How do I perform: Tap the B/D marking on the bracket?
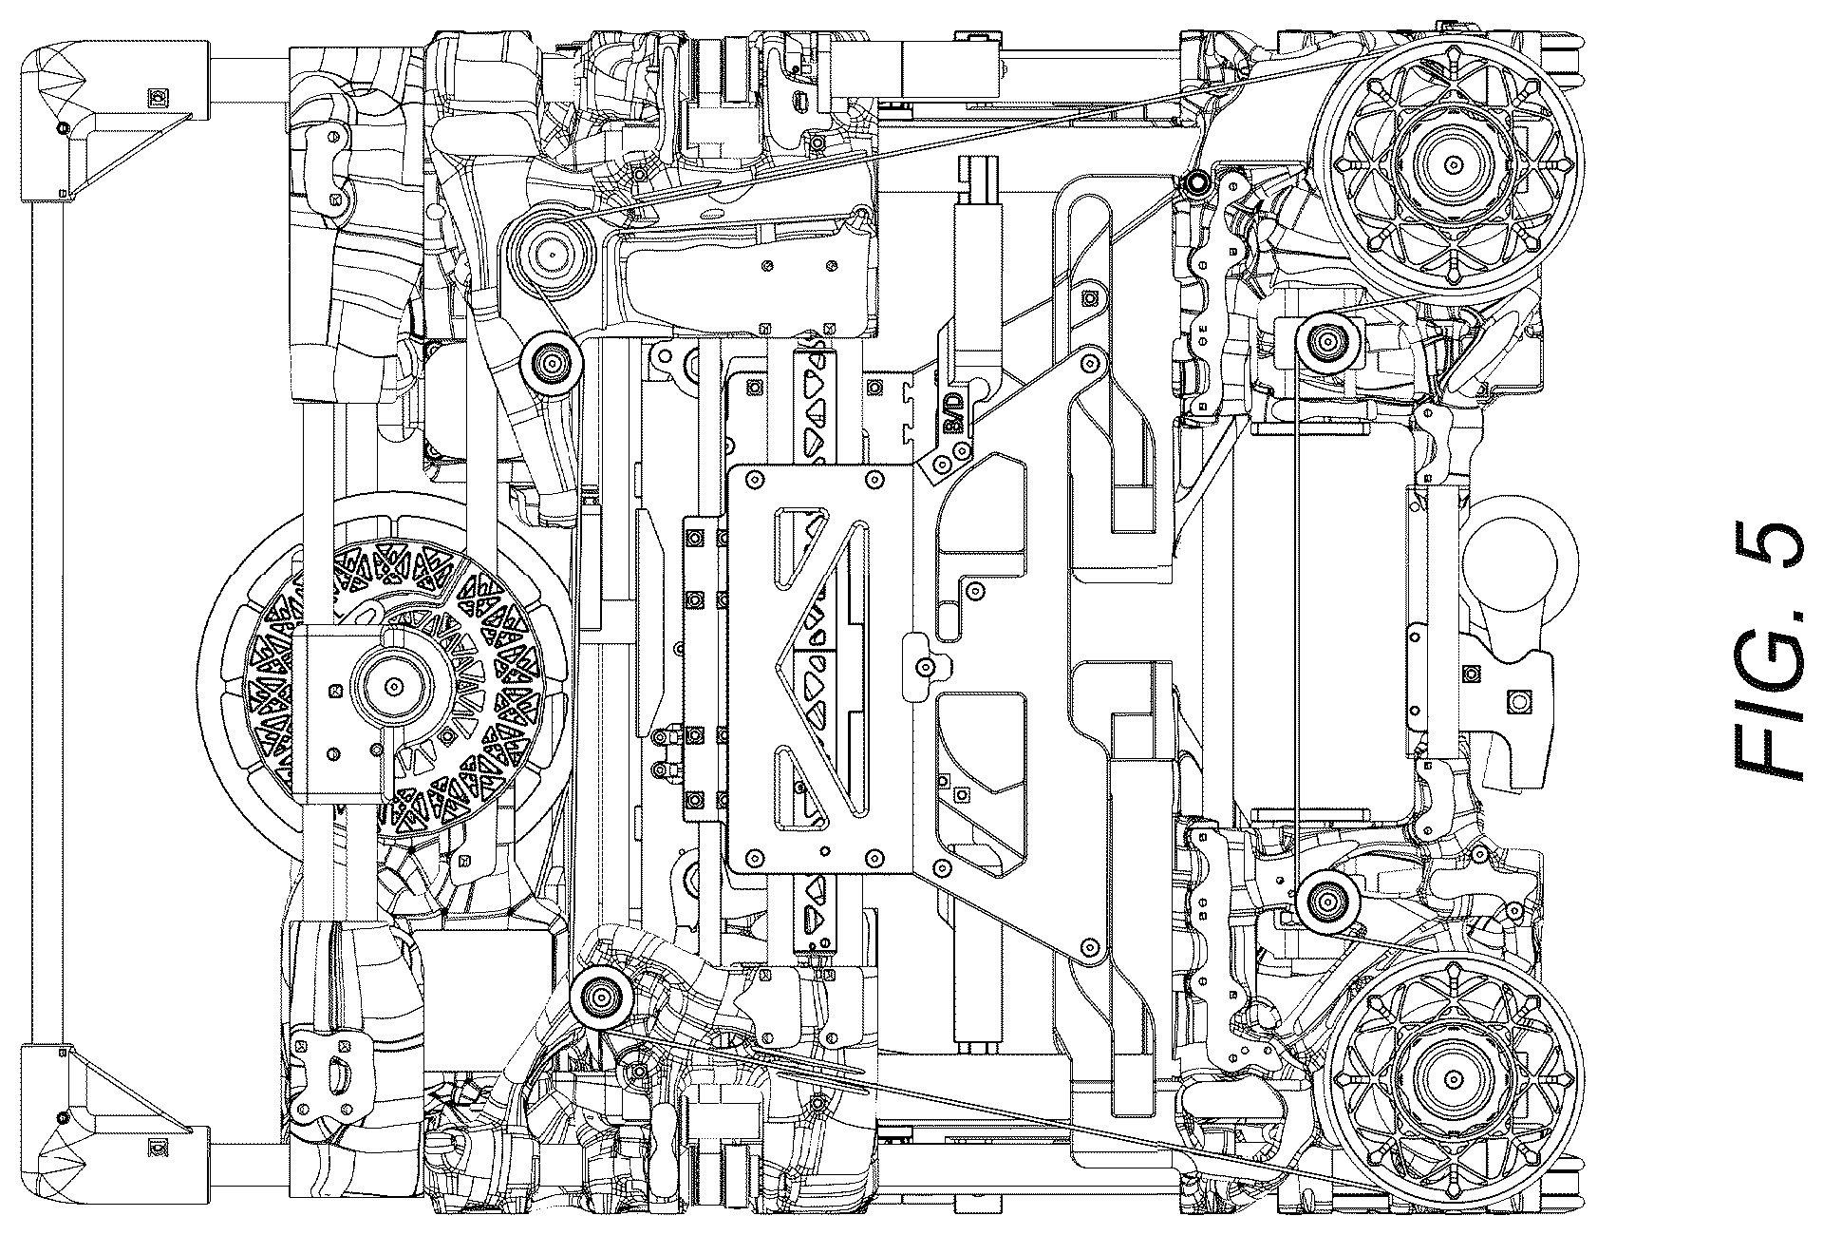[953, 412]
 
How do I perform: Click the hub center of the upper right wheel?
[1453, 165]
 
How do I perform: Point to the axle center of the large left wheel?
[391, 684]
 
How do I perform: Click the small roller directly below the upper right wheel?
[1323, 337]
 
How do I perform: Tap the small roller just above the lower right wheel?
[1323, 898]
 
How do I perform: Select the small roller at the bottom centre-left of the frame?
[599, 997]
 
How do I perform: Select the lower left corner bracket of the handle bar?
[114, 1124]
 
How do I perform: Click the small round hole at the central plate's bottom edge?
[824, 849]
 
